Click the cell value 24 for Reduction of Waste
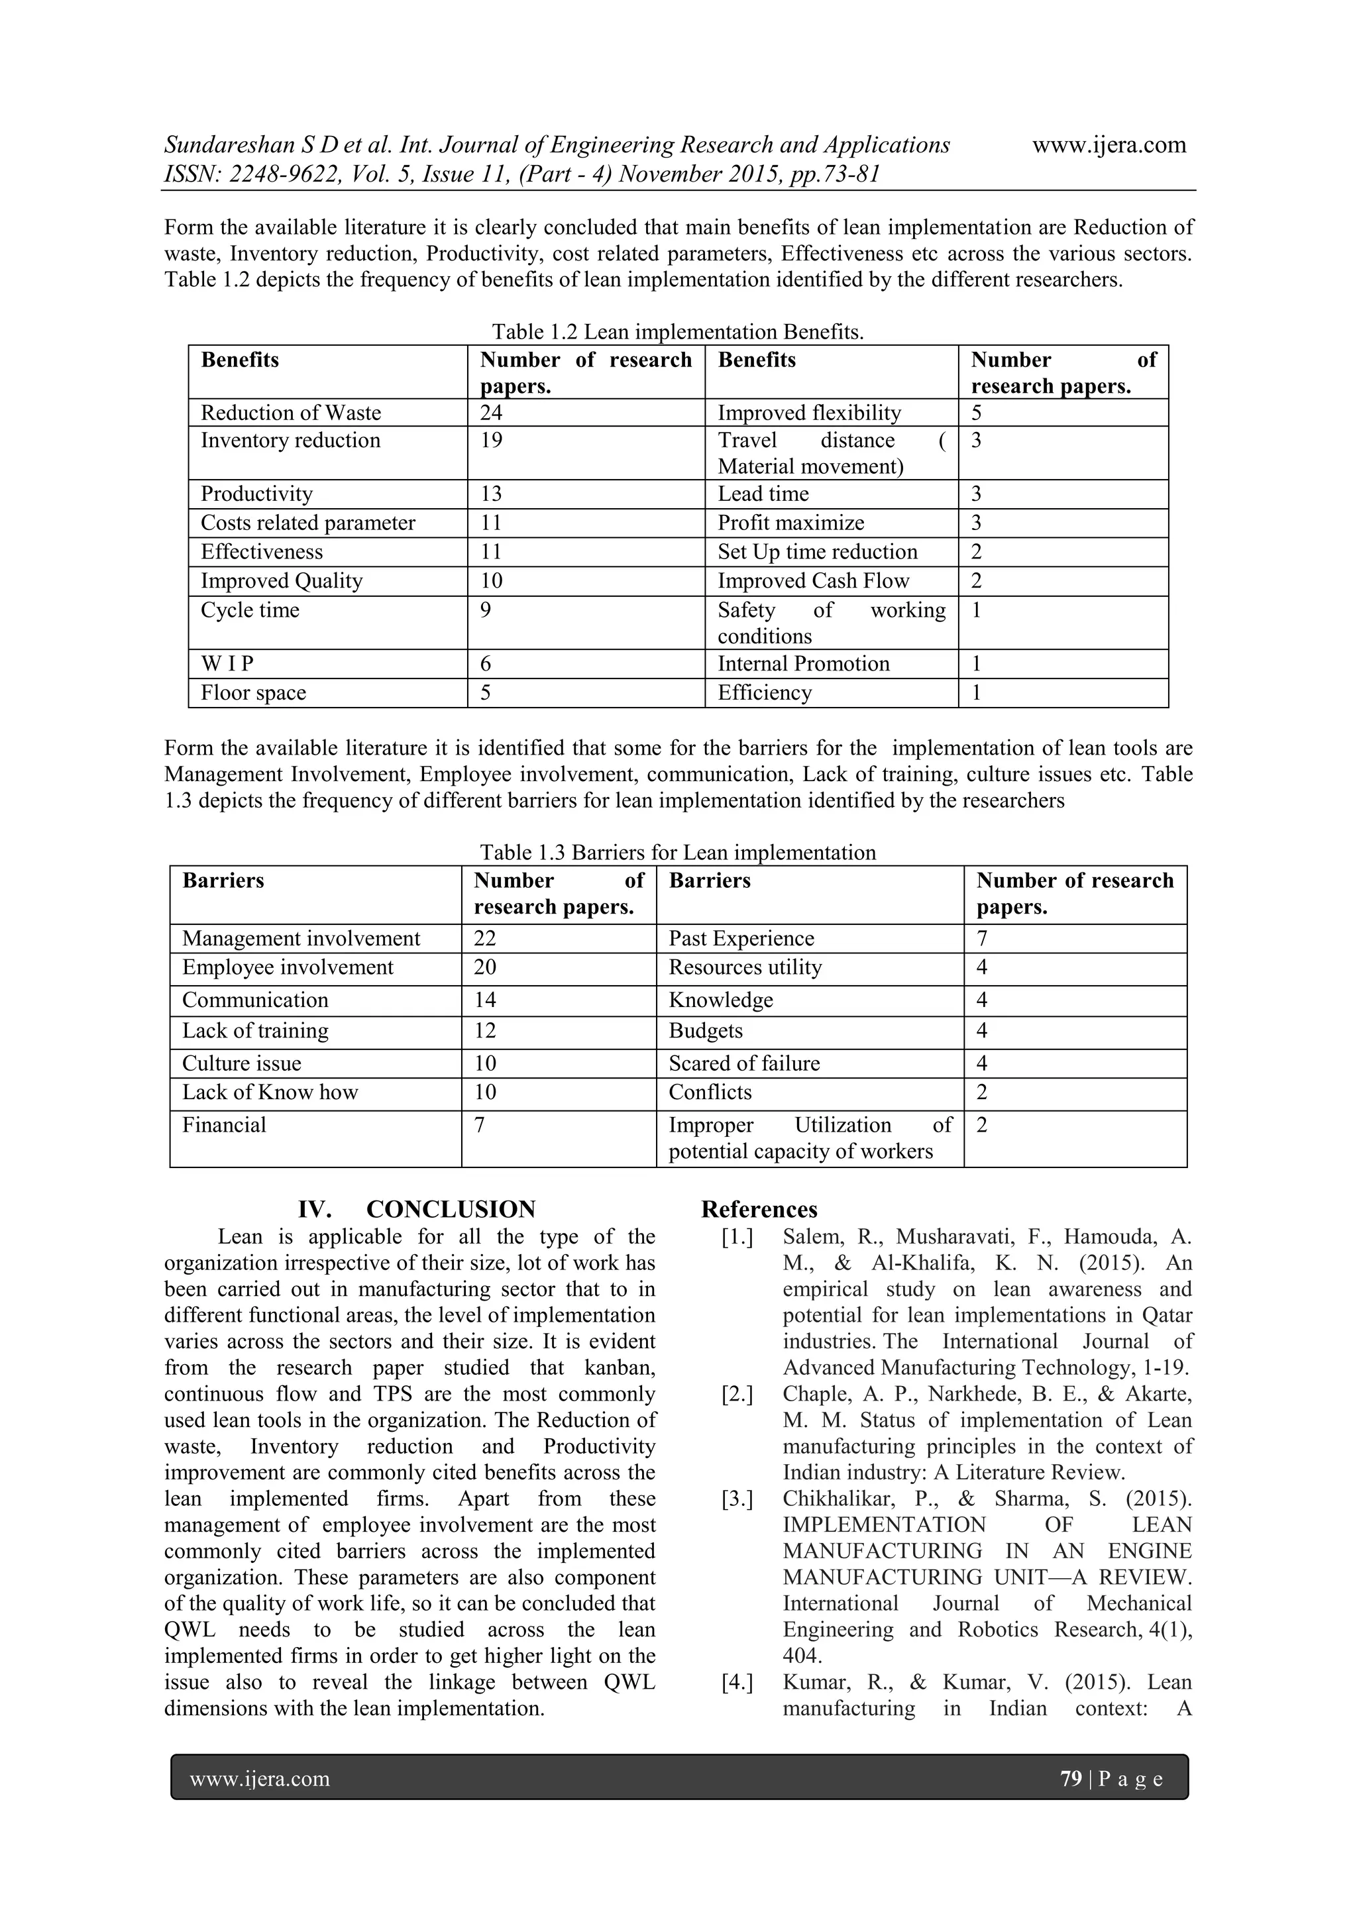pyautogui.click(x=492, y=413)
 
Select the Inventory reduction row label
pyautogui.click(x=290, y=440)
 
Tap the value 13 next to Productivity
pyautogui.click(x=492, y=494)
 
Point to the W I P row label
pyautogui.click(x=227, y=664)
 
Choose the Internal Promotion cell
pyautogui.click(x=803, y=664)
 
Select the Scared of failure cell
pyautogui.click(x=743, y=1063)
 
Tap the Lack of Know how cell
pyautogui.click(x=270, y=1092)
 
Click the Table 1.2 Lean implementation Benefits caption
pyautogui.click(x=678, y=332)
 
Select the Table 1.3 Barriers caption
pyautogui.click(x=678, y=852)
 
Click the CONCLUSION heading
pyautogui.click(x=451, y=1210)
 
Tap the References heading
pyautogui.click(x=759, y=1210)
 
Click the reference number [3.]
pyautogui.click(x=737, y=1499)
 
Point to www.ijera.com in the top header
pyautogui.click(x=1109, y=144)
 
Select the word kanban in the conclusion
pyautogui.click(x=619, y=1367)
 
